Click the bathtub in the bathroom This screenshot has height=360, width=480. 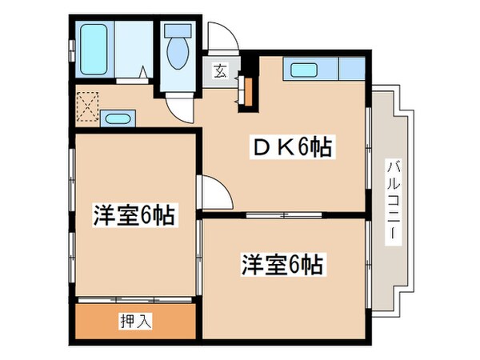pos(94,50)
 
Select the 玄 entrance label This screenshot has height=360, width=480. pos(220,70)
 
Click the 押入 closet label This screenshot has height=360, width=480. pos(136,322)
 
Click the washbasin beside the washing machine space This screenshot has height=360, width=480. pos(118,120)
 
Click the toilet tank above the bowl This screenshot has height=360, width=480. pos(176,33)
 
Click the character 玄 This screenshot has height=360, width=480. pos(220,70)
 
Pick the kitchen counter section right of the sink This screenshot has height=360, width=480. pos(351,70)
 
